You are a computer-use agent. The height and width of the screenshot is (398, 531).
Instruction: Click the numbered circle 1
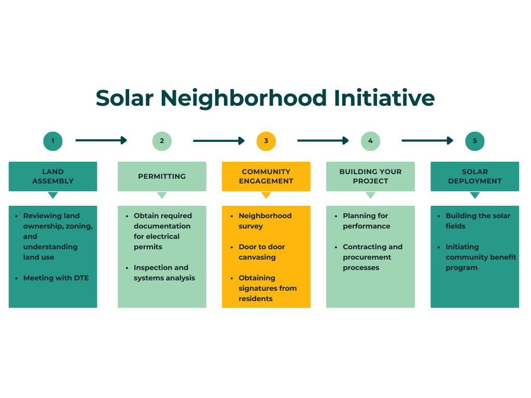pyautogui.click(x=53, y=141)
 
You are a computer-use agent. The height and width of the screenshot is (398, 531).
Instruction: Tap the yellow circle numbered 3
pyautogui.click(x=266, y=141)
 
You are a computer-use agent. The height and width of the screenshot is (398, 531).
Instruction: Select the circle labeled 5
pyautogui.click(x=475, y=141)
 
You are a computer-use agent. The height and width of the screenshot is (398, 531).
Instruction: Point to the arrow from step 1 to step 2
pyautogui.click(x=101, y=140)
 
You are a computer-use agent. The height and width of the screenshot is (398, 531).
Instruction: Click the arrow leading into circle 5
pyautogui.click(x=427, y=140)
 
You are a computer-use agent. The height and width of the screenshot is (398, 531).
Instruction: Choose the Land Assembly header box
pyautogui.click(x=53, y=176)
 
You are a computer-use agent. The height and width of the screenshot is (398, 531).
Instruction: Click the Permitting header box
pyautogui.click(x=162, y=176)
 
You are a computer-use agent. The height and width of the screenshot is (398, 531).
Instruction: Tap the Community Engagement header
pyautogui.click(x=266, y=176)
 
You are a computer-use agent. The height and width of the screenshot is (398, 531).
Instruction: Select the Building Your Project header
pyautogui.click(x=370, y=176)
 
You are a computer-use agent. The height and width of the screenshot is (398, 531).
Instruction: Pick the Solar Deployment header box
pyautogui.click(x=475, y=176)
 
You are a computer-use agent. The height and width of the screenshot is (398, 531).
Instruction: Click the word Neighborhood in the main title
pyautogui.click(x=244, y=98)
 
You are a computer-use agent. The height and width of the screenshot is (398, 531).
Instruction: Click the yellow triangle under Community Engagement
pyautogui.click(x=266, y=195)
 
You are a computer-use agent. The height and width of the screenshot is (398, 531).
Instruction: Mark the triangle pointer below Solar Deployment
pyautogui.click(x=475, y=195)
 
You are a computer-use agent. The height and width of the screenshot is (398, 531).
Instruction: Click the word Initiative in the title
pyautogui.click(x=384, y=98)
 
